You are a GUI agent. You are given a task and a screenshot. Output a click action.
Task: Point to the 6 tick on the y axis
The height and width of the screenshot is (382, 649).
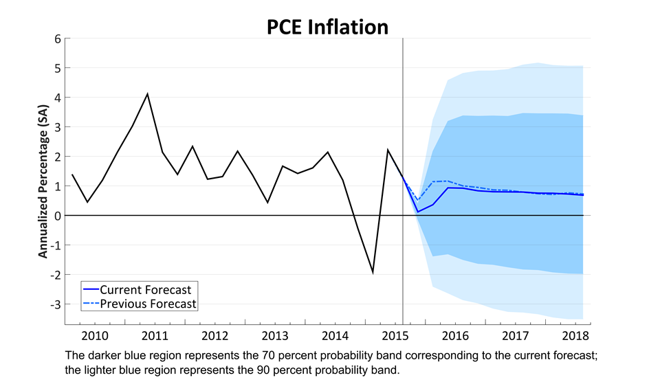coord(58,39)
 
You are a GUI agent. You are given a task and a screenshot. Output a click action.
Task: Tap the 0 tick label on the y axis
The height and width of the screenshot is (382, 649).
coord(58,216)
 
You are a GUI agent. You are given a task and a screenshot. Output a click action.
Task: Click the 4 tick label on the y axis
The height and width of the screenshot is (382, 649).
coord(58,98)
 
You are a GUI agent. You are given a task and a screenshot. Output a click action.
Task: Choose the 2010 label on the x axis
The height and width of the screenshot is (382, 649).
coord(95,336)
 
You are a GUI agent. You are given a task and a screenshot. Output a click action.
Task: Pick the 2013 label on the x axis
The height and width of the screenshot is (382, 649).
coord(275,336)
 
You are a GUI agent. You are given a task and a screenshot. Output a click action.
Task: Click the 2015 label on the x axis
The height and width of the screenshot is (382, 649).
coord(395,336)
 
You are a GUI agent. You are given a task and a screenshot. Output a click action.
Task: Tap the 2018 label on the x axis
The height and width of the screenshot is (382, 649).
coord(575,336)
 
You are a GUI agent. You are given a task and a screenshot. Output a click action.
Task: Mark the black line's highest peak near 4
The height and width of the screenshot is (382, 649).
coord(147,93)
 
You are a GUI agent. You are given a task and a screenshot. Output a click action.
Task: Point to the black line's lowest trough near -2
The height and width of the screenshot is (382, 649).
coord(373,273)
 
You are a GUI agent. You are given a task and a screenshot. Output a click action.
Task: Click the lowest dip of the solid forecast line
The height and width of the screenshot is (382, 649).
coord(417,212)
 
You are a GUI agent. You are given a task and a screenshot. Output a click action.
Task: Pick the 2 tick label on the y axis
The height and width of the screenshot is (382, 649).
coord(58,157)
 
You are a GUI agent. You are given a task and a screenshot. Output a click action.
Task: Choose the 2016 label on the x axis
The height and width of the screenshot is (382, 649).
coord(455,336)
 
